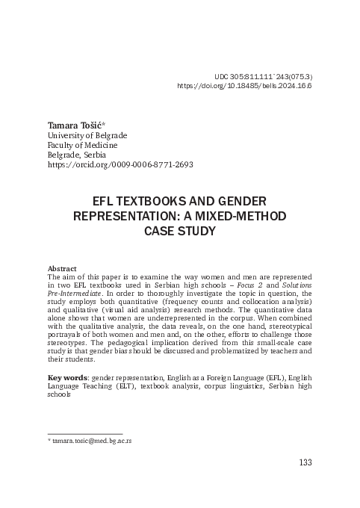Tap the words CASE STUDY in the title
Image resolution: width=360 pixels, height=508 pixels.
point(179,231)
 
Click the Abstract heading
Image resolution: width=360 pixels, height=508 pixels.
point(62,267)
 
